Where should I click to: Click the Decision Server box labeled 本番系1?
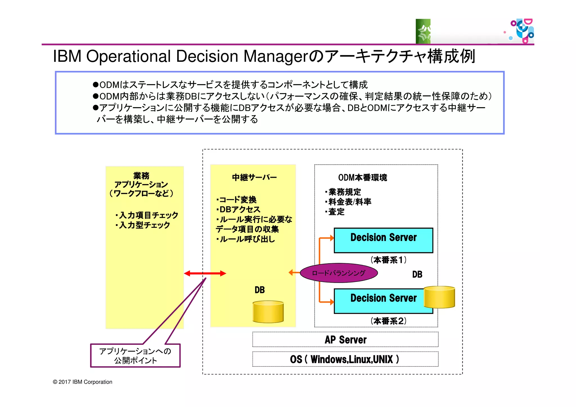383,240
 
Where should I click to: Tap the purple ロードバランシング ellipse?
339,273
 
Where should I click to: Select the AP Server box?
345,339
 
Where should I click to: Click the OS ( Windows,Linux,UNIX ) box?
345,359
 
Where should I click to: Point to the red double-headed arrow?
205,273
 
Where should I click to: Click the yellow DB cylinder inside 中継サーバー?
268,312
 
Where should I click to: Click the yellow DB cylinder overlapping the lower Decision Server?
439,297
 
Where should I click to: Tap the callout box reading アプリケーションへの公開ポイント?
135,356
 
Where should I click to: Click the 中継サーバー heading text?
254,177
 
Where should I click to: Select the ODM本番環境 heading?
362,177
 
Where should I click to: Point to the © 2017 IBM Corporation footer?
82,382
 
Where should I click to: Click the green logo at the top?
423,31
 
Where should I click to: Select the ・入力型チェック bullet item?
143,225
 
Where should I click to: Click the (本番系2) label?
388,321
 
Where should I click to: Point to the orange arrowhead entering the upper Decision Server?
332,238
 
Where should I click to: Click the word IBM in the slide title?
67,56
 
